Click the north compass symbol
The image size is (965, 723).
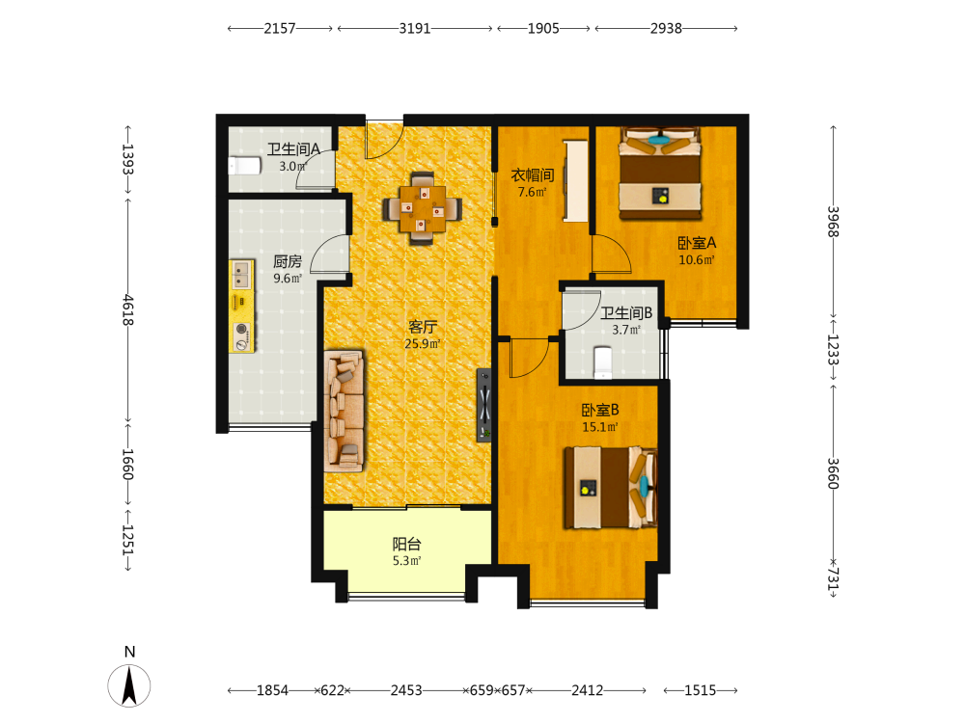(x=129, y=684)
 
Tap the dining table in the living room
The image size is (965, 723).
(x=423, y=208)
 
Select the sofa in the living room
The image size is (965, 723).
(x=345, y=412)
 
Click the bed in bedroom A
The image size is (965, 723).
(x=660, y=173)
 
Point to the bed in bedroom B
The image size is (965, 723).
(x=611, y=488)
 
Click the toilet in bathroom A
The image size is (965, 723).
(x=245, y=166)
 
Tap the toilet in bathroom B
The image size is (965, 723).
(x=602, y=362)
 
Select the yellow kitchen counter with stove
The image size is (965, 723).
(x=242, y=307)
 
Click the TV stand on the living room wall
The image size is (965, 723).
(x=484, y=405)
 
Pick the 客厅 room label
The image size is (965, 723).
(x=423, y=327)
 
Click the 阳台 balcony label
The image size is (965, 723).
(x=407, y=544)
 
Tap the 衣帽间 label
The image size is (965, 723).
(x=533, y=175)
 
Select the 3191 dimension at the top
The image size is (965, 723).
(x=415, y=28)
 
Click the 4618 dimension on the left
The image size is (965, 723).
(x=127, y=309)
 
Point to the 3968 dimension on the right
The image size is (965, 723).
(x=833, y=222)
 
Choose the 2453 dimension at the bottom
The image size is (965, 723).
(x=406, y=690)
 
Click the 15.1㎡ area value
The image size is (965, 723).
(x=600, y=427)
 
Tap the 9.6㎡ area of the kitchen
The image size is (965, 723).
(x=288, y=278)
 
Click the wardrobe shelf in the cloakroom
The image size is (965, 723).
(x=576, y=181)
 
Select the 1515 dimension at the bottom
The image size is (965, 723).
(x=701, y=690)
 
